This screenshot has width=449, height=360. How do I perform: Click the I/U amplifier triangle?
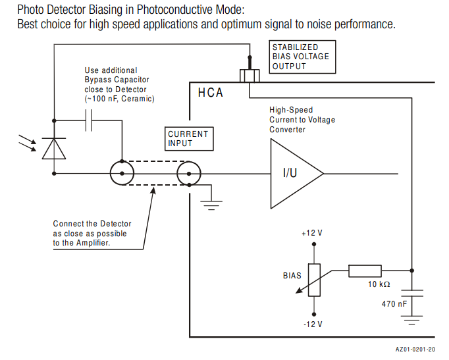tap(293, 174)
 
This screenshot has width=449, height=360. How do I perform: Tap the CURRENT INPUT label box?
tap(188, 138)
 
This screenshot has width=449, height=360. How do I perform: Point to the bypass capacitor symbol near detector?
tap(91, 120)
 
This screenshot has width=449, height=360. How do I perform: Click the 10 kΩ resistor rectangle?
tap(365, 270)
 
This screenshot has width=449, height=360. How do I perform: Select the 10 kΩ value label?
tap(379, 284)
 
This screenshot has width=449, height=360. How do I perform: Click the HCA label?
tap(211, 93)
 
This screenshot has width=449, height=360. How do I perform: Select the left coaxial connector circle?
tap(122, 174)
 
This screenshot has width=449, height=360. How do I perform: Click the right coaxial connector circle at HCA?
tap(189, 174)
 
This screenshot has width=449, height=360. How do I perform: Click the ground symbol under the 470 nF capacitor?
tap(412, 321)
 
